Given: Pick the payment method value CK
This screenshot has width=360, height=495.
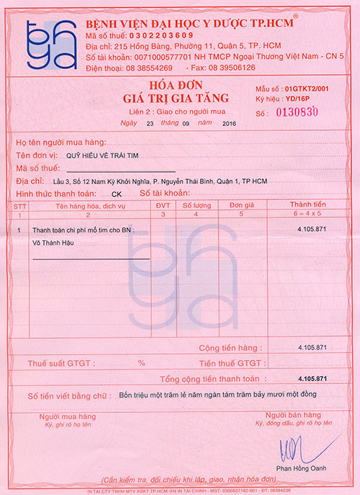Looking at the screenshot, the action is click(117, 194).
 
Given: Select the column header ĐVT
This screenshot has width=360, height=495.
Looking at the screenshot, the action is click(163, 206).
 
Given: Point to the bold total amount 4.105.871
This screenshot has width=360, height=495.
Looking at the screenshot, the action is click(312, 378).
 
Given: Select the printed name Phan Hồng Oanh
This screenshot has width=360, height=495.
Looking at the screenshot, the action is click(295, 469).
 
